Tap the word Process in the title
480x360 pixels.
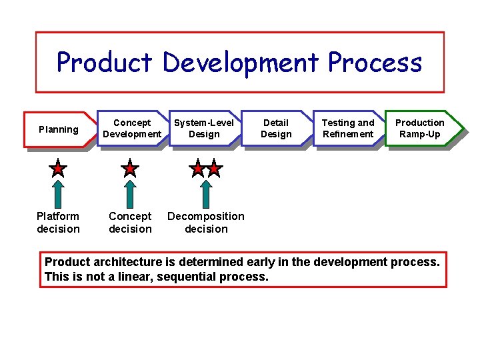375,63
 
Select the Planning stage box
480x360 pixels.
59,129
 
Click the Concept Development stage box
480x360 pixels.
132,128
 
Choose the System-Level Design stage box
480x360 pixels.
204,128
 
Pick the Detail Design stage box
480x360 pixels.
276,128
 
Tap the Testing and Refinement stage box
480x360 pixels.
348,128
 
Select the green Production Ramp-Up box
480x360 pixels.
420,128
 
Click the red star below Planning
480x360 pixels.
59,168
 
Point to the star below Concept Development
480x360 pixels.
130,168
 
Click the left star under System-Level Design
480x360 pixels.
197,168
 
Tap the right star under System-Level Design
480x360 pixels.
214,168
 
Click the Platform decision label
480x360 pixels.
58,223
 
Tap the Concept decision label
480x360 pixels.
130,223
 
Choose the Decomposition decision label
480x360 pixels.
206,223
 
